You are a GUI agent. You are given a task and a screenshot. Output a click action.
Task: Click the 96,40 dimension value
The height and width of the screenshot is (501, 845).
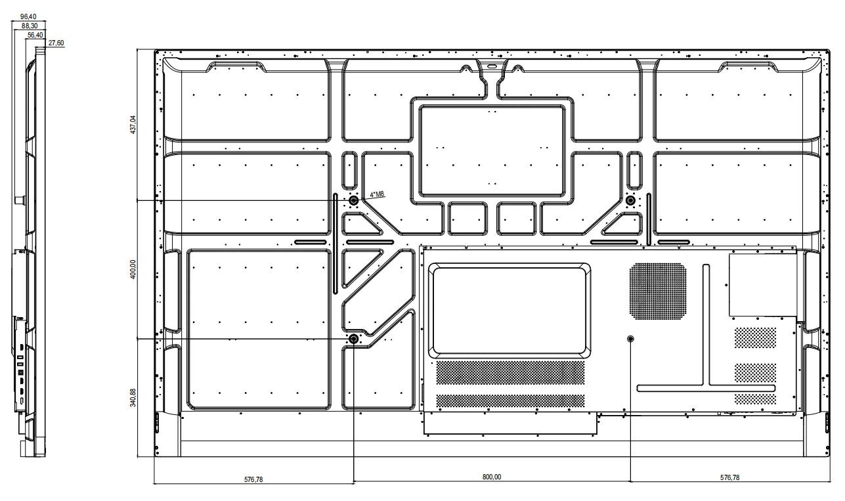point(28,16)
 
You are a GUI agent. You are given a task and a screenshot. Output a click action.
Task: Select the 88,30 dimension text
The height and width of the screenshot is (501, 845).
point(30,26)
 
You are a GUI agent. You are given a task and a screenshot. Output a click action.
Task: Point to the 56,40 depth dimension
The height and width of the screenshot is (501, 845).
point(35,35)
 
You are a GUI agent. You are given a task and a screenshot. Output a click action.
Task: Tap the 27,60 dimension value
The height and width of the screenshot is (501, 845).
point(56,43)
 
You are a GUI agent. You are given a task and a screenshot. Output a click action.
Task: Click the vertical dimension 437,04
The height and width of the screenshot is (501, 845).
point(133,125)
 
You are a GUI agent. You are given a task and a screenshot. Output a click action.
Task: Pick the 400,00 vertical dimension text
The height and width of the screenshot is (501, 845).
point(133,269)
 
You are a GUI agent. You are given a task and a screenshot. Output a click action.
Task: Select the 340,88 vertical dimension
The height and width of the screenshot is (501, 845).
point(133,398)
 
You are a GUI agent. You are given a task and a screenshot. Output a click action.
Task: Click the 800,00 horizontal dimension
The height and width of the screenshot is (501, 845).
point(492,477)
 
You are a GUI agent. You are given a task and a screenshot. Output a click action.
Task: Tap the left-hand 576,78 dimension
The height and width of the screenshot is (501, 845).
point(253,479)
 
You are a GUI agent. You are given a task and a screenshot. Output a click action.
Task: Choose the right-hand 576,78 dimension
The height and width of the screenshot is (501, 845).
point(729,477)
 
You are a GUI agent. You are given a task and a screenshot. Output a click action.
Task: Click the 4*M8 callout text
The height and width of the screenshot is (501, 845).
point(377,194)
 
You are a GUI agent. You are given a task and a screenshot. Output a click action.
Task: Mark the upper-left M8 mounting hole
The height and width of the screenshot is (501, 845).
point(353,200)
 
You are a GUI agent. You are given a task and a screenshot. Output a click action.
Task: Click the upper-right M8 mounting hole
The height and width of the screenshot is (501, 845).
point(630,200)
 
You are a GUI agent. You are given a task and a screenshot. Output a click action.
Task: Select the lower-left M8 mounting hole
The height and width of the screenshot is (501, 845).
point(353,339)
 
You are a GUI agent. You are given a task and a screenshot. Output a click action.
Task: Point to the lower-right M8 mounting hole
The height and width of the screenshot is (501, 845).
point(630,339)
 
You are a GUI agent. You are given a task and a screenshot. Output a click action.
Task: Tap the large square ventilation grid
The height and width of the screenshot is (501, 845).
point(658,292)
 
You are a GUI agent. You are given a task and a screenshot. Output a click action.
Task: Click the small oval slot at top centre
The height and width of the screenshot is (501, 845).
point(492,66)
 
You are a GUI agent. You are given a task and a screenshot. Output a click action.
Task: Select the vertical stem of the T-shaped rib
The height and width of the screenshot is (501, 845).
point(706,325)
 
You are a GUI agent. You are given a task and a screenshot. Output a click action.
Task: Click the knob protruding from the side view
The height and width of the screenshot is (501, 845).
point(19,200)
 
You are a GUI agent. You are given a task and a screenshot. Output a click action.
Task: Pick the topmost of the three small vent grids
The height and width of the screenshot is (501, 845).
point(755,338)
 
